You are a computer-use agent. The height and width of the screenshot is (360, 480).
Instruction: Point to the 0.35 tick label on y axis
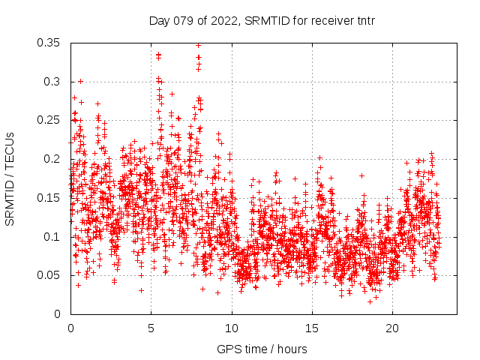click(x=49, y=43)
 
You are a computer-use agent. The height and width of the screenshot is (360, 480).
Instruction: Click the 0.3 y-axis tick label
click(x=52, y=81)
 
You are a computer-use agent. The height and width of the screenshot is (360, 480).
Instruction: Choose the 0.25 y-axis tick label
click(x=49, y=120)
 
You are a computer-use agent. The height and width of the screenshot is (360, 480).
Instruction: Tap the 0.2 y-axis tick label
click(x=52, y=159)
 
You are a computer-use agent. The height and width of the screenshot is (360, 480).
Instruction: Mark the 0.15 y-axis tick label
click(x=49, y=197)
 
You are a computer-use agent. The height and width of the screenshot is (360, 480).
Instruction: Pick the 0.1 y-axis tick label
click(x=52, y=236)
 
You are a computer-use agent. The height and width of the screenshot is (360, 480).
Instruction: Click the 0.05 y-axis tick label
click(x=49, y=275)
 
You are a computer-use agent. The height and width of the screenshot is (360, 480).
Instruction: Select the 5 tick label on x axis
click(x=151, y=328)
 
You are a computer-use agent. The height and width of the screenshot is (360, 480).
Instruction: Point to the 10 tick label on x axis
click(x=232, y=328)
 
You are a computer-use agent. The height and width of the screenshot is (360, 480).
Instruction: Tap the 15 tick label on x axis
click(x=312, y=328)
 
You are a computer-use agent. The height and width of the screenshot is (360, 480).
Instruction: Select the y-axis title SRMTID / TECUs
click(x=10, y=178)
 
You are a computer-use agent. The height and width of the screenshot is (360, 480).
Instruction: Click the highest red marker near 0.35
click(x=199, y=45)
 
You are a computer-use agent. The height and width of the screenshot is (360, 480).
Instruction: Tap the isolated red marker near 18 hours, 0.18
click(x=361, y=176)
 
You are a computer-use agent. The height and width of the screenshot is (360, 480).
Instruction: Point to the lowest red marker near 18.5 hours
click(x=370, y=301)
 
